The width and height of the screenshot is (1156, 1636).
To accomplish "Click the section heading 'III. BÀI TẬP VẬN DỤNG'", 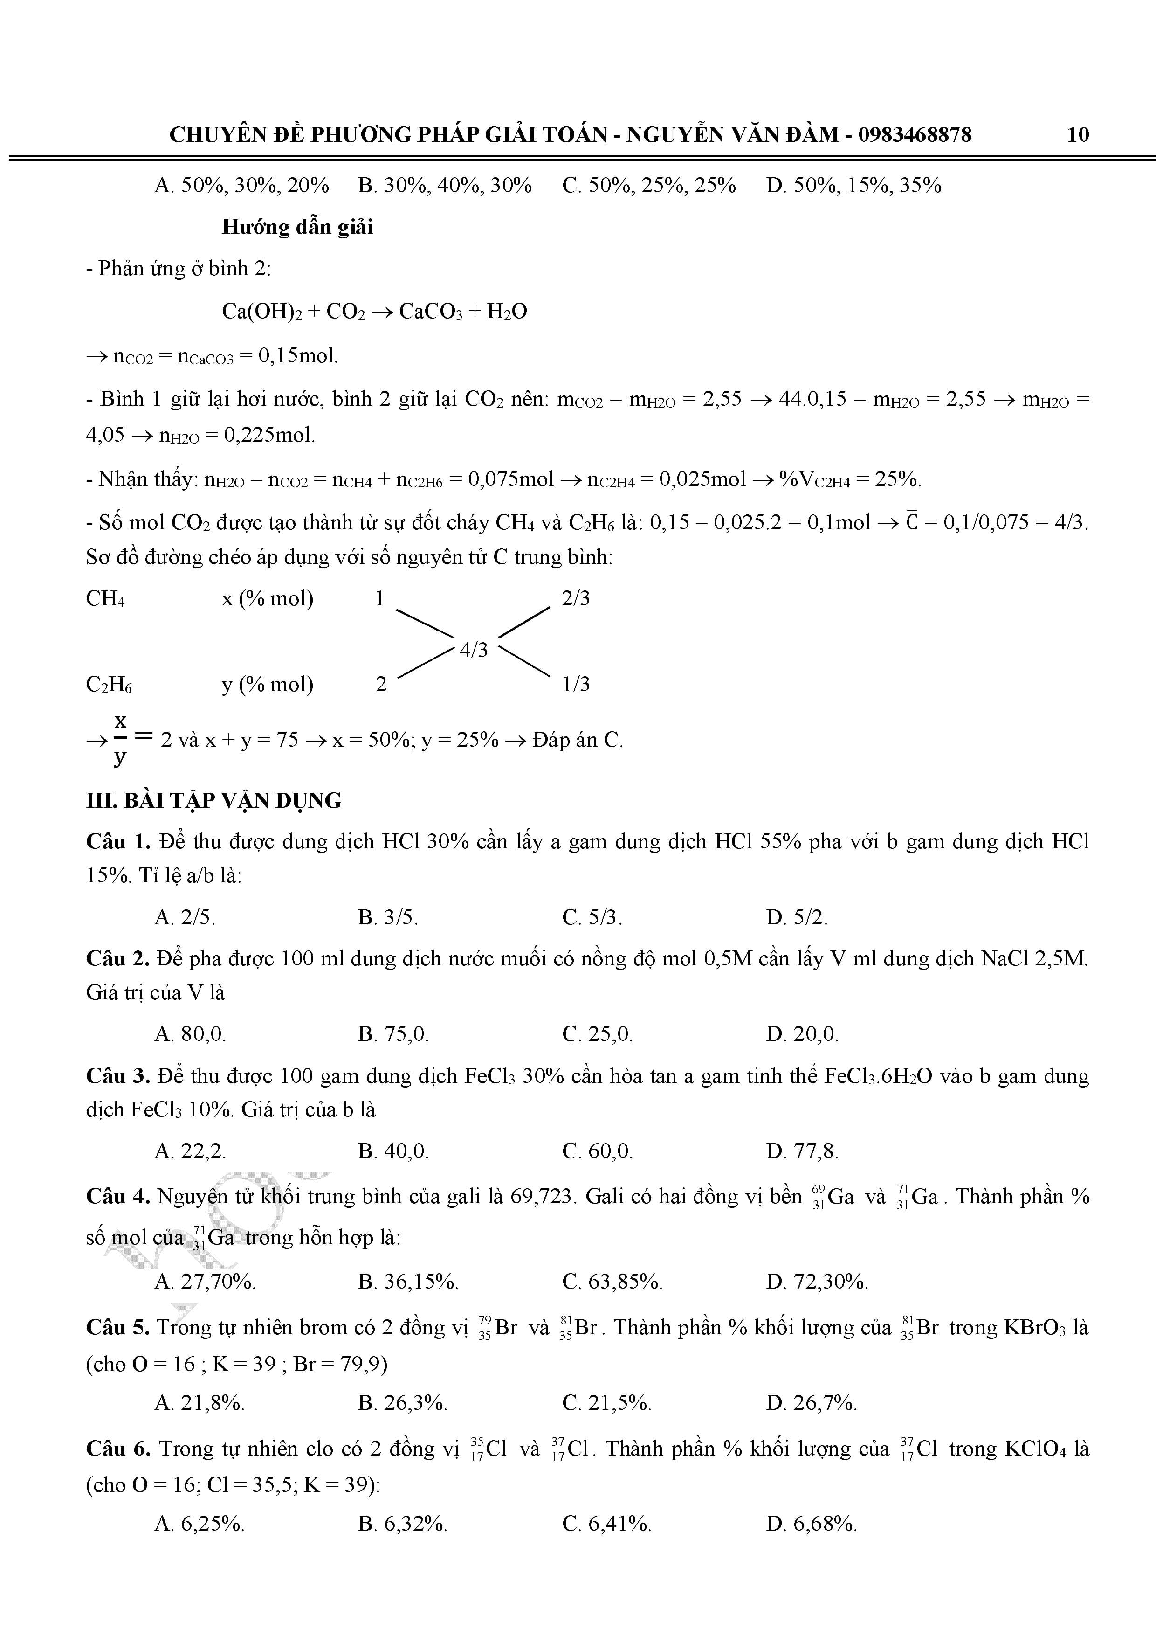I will pyautogui.click(x=213, y=800).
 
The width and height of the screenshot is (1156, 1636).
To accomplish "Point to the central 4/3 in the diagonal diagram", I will pyautogui.click(x=474, y=649).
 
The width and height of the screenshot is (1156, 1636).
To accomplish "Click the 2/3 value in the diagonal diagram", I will pyautogui.click(x=576, y=598).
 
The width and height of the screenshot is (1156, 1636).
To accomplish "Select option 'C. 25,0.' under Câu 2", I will pyautogui.click(x=597, y=1034).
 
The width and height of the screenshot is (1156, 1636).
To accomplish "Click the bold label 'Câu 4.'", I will pyautogui.click(x=117, y=1196).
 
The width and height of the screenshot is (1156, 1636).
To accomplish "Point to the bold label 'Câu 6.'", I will pyautogui.click(x=117, y=1449).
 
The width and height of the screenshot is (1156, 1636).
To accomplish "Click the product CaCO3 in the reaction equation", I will pyautogui.click(x=430, y=312).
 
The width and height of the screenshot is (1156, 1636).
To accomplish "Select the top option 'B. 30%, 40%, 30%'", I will pyautogui.click(x=444, y=185).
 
